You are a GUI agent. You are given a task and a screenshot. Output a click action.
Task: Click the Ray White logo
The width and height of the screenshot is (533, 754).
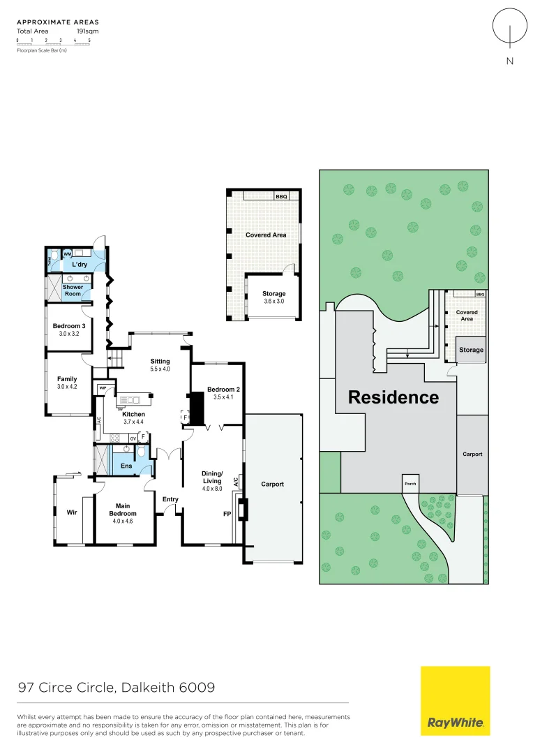pyautogui.click(x=455, y=700)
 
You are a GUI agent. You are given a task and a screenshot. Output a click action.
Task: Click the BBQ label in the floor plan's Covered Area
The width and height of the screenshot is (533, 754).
pyautogui.click(x=281, y=197)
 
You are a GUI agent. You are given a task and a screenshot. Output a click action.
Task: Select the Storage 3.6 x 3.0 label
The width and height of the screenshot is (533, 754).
pyautogui.click(x=274, y=297)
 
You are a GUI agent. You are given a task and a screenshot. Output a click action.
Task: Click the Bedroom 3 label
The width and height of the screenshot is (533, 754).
pyautogui.click(x=69, y=330)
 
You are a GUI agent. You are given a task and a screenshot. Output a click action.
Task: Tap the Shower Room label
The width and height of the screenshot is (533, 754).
pyautogui.click(x=73, y=290)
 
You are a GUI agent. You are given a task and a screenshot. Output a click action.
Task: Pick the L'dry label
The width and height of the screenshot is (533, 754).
pyautogui.click(x=80, y=265)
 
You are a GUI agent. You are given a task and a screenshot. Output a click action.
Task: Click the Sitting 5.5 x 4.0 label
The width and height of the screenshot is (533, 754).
pyautogui.click(x=160, y=364)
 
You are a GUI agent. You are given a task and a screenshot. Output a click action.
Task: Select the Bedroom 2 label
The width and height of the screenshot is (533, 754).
pyautogui.click(x=223, y=392)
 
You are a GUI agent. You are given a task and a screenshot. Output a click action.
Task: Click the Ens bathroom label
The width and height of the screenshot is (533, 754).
pyautogui.click(x=126, y=466)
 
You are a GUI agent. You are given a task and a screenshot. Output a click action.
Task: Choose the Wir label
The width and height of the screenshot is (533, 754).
pyautogui.click(x=71, y=512)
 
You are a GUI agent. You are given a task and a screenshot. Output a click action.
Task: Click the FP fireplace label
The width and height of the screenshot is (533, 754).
pyautogui.click(x=227, y=513)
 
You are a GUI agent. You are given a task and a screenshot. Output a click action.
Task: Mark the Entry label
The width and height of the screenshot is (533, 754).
pyautogui.click(x=170, y=499)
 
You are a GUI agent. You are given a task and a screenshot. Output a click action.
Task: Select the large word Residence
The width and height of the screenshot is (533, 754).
pyautogui.click(x=393, y=397)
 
